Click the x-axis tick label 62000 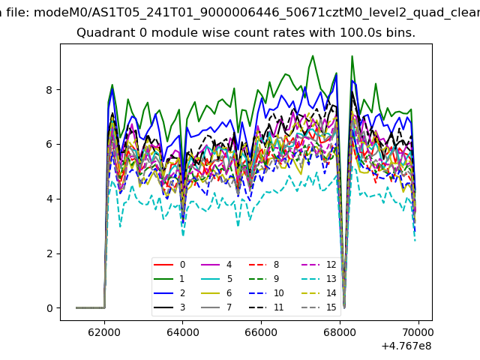click(104, 331)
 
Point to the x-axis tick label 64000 click(183, 331)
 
